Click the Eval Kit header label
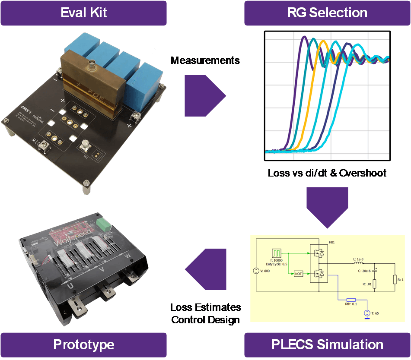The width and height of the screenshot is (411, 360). click(83, 13)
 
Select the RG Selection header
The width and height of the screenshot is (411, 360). click(327, 13)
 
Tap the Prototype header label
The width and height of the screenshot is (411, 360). click(83, 344)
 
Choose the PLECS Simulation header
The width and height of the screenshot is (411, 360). click(327, 344)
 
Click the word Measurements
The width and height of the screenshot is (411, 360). click(205, 60)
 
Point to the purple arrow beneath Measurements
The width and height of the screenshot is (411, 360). click(204, 96)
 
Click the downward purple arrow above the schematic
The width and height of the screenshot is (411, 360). click(327, 206)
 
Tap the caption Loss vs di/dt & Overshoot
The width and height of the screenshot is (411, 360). click(327, 173)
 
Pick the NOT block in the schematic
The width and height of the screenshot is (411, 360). click(298, 273)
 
